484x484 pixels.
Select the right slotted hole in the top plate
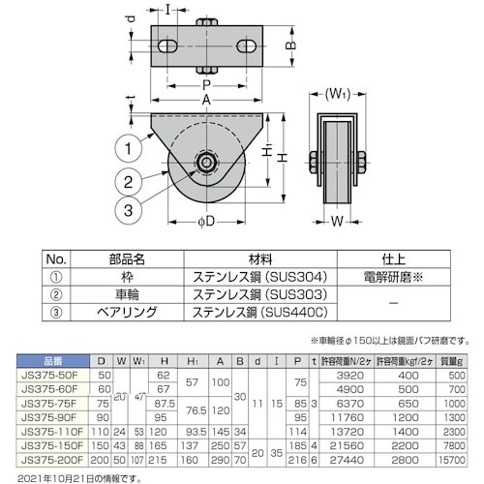coord(249,45)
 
